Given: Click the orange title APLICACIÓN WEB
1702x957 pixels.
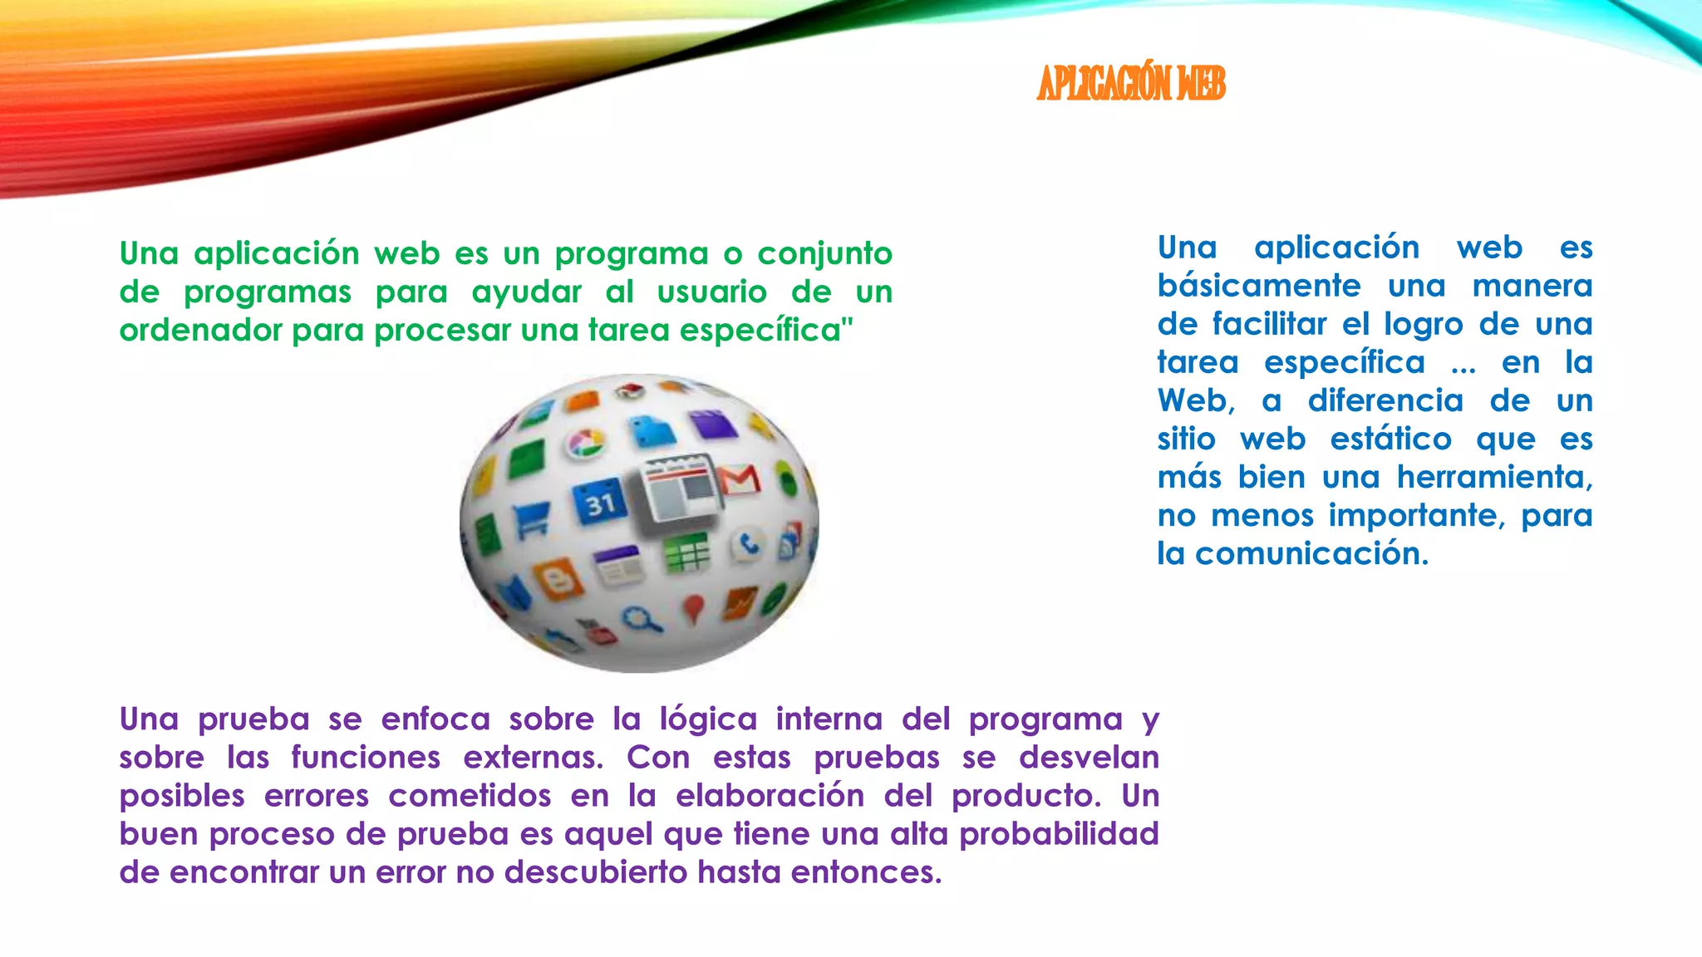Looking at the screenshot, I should [x=1131, y=83].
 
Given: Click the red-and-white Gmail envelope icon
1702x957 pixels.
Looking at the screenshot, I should [x=739, y=479].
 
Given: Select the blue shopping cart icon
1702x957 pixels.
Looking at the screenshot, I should [x=531, y=519].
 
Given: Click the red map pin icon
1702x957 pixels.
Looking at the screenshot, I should [x=693, y=609].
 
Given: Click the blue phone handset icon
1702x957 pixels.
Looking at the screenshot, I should [x=748, y=544].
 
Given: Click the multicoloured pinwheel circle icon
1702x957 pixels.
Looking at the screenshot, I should [x=586, y=444].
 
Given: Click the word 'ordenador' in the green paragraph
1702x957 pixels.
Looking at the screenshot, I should [x=202, y=331].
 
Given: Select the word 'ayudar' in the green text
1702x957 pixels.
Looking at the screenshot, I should [x=526, y=292].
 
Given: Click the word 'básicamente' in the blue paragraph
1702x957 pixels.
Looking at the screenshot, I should [x=1259, y=286].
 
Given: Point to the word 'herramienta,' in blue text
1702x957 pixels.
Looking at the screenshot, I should [x=1494, y=477].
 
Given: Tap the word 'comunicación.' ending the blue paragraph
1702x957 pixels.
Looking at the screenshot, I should [x=1311, y=553].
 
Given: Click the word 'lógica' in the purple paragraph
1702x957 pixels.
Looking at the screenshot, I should [x=708, y=719].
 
